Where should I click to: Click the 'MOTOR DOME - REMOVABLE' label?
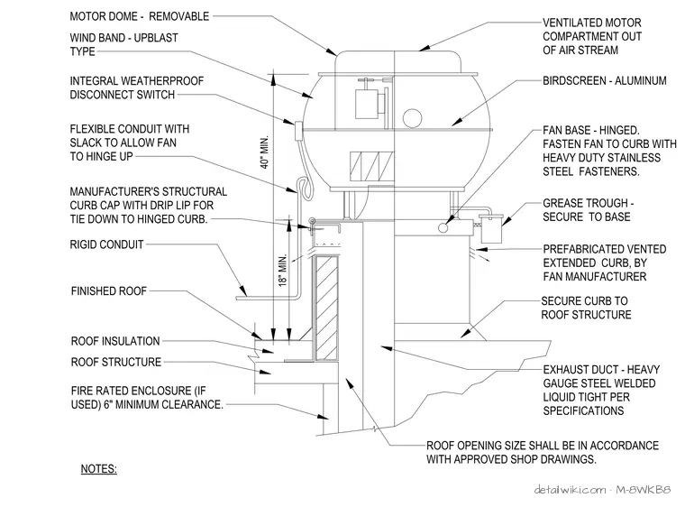click(x=140, y=16)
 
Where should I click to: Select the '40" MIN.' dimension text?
click(x=265, y=152)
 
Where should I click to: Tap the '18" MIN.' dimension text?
click(x=284, y=270)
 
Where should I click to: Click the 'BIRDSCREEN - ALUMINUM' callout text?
click(x=605, y=80)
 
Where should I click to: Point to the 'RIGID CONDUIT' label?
click(x=106, y=244)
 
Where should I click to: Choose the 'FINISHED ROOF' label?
click(x=109, y=290)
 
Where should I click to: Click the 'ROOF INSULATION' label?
click(x=115, y=341)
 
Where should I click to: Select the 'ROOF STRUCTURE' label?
click(x=116, y=362)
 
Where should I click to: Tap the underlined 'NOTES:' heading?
click(x=99, y=469)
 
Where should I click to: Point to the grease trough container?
click(x=491, y=228)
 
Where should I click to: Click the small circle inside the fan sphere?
click(x=412, y=118)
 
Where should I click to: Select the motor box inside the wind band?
click(x=367, y=104)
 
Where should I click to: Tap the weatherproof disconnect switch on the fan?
click(x=299, y=131)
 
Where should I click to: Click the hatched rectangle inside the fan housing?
click(x=371, y=166)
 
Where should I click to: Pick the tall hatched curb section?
click(x=326, y=308)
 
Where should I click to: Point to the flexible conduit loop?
click(x=306, y=189)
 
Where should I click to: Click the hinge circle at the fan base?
click(x=443, y=227)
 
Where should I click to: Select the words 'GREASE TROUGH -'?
click(x=588, y=203)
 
